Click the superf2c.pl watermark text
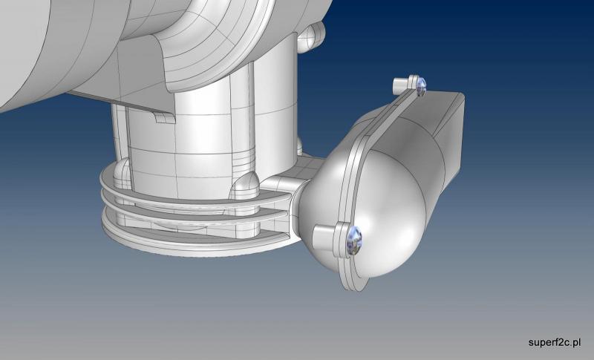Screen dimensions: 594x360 555,343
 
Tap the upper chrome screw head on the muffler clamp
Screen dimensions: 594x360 421,87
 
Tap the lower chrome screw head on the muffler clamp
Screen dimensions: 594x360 354,240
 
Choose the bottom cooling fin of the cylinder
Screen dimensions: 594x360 193,242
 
